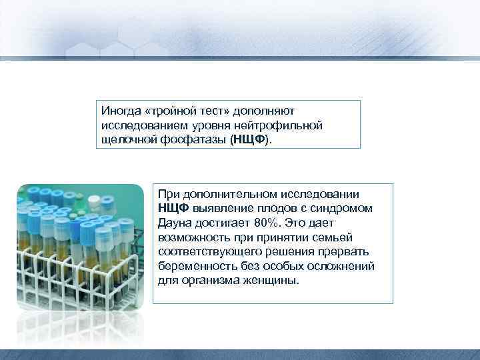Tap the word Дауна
click(x=175, y=223)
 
